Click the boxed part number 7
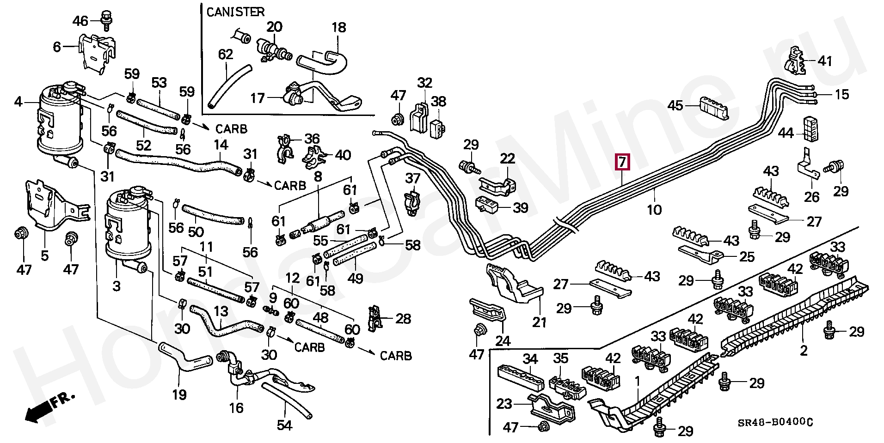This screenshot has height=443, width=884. point(622,162)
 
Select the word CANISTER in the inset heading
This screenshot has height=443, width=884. point(235,12)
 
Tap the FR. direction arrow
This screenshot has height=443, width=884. point(49,407)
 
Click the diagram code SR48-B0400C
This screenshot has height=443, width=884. point(775,422)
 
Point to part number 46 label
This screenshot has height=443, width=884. point(80,21)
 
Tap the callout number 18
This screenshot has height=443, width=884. point(339,27)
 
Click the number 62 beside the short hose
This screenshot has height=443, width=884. point(226,55)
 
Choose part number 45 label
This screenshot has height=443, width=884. point(675,105)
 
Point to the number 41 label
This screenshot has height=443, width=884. point(825,61)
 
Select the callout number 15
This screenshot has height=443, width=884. point(842,94)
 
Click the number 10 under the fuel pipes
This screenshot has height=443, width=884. point(654,210)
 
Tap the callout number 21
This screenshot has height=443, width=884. point(539,322)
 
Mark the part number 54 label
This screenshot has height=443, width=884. point(284,425)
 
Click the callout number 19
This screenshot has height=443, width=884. point(179,394)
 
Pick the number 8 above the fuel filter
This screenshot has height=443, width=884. point(318,176)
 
